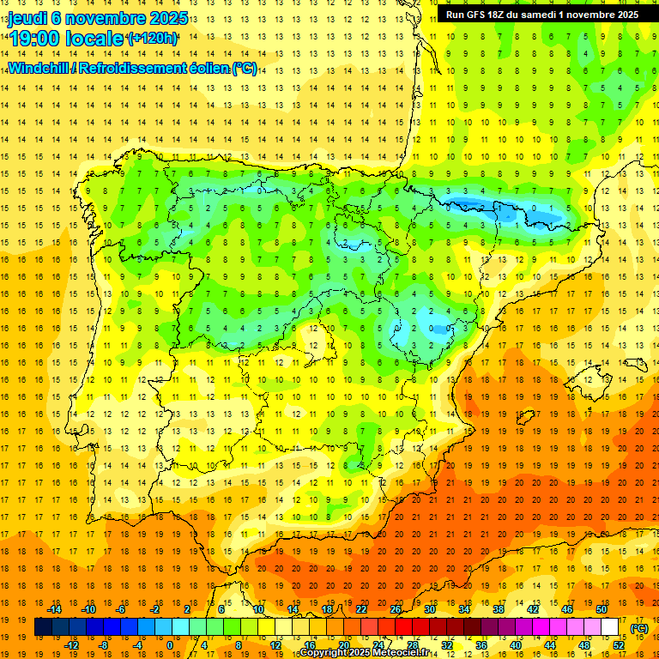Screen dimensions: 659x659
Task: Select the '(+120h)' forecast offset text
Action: (152, 39)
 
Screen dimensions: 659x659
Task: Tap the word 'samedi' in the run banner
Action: (548, 15)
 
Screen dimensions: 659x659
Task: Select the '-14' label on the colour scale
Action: (56, 609)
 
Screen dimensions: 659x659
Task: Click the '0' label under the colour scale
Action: (171, 644)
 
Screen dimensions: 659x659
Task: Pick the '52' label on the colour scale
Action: (619, 644)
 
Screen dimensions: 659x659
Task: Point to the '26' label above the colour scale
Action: (396, 609)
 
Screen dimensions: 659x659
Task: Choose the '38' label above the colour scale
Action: (498, 609)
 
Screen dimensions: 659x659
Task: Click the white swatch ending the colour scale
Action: (610, 627)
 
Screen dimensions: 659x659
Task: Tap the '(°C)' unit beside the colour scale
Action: (638, 627)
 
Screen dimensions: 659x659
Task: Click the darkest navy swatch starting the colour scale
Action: (43, 627)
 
